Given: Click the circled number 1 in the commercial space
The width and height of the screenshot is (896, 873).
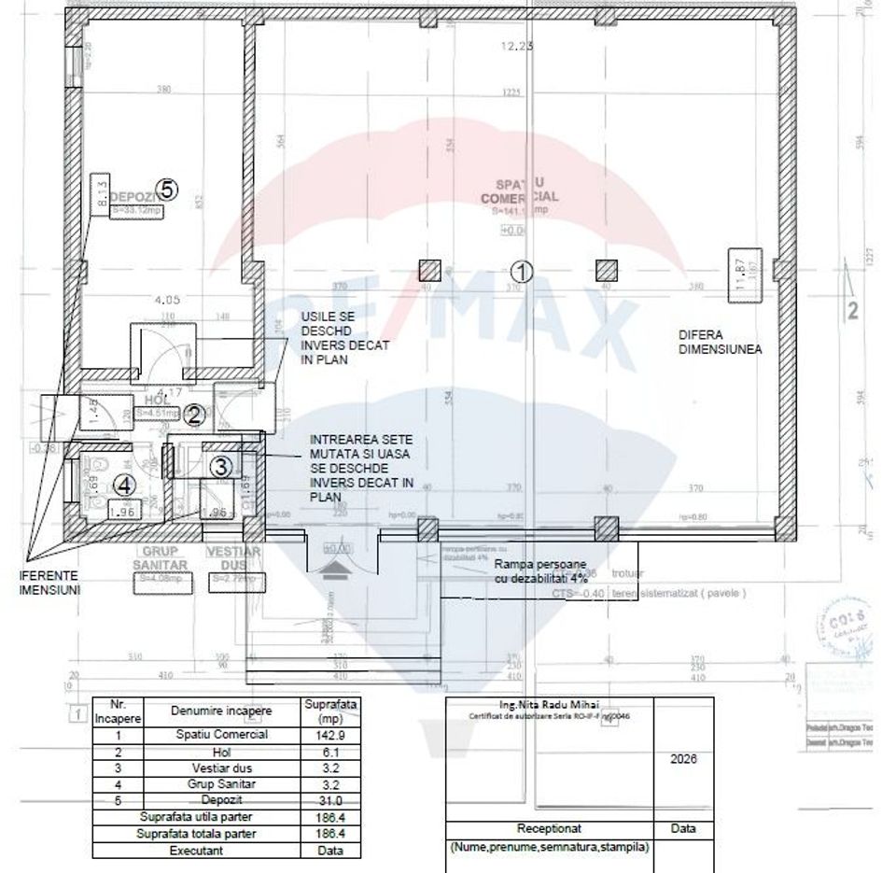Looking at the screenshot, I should point(523,271).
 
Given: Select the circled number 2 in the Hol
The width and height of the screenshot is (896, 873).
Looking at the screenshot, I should point(194,415).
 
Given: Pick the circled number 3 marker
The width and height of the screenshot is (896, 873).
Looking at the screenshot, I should point(220,465).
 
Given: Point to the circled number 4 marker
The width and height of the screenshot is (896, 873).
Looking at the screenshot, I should point(125,485).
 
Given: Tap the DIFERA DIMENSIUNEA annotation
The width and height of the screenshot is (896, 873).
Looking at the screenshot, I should point(721,341).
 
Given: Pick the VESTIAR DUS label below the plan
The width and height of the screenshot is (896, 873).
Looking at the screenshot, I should point(233,558).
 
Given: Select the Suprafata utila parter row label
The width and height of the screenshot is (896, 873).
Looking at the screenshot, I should point(196,817).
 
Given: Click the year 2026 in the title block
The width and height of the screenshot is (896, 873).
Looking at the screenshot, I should point(684,759).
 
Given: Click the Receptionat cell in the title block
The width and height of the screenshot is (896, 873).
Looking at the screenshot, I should point(550,828).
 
